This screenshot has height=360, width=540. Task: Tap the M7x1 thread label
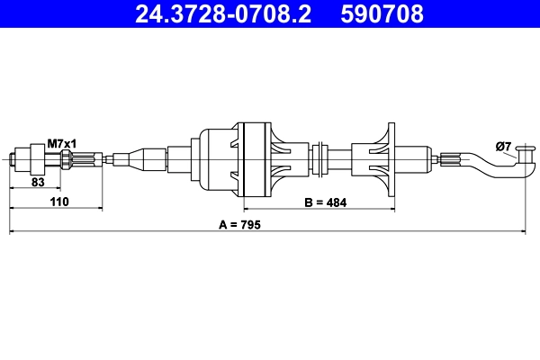coord(61,143)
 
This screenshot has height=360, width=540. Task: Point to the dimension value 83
coord(38,181)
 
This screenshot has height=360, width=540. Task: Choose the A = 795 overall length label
coord(238,224)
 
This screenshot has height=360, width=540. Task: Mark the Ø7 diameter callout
coord(503,147)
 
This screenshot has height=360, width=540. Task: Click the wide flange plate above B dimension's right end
coord(390,160)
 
